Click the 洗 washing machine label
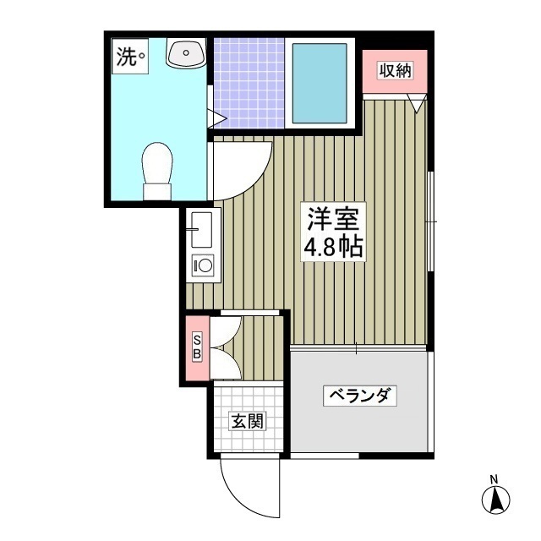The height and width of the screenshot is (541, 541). (126, 57)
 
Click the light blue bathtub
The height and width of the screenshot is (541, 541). (320, 83)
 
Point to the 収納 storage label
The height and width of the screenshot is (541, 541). (395, 71)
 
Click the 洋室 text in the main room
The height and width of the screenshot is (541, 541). (333, 220)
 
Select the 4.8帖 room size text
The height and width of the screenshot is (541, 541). (333, 247)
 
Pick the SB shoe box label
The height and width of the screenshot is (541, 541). (196, 347)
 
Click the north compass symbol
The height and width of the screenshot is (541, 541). (495, 500)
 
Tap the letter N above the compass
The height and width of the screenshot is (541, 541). (495, 481)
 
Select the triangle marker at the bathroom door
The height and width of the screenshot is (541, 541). (216, 119)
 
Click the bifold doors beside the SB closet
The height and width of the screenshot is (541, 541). (226, 347)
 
